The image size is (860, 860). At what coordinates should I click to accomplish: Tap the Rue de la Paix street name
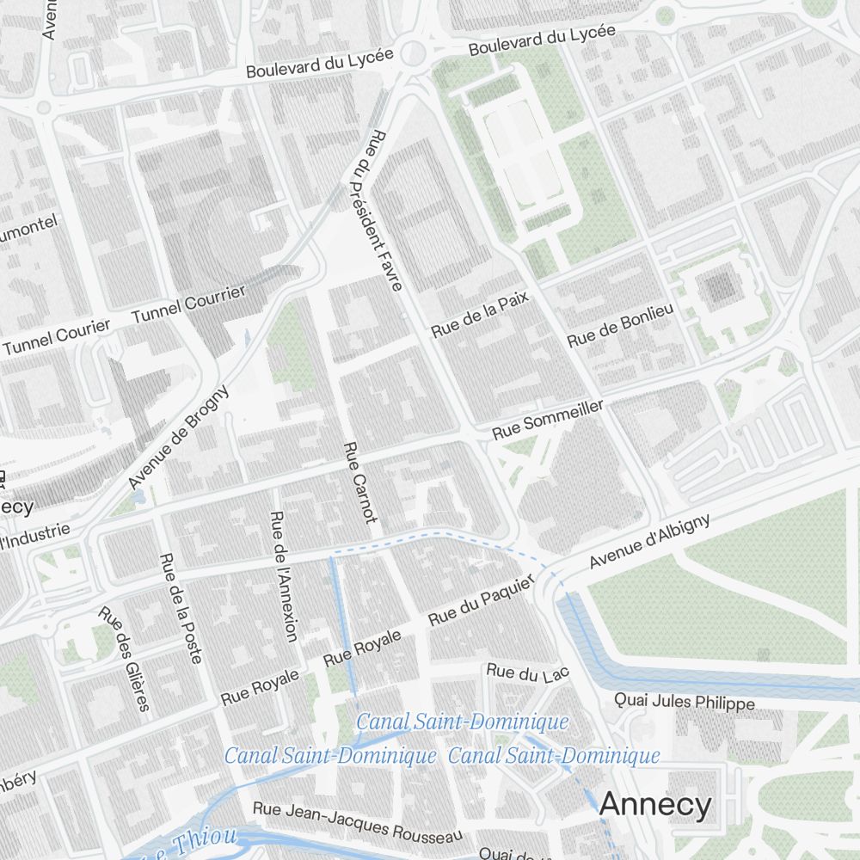(481, 313)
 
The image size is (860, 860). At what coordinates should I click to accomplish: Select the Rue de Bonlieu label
(619, 323)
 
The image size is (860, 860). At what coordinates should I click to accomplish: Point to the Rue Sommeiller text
(547, 419)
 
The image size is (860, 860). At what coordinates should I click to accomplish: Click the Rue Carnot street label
(359, 482)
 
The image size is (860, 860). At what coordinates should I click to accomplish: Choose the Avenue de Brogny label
(179, 437)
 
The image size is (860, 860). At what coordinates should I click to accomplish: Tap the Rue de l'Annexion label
(283, 576)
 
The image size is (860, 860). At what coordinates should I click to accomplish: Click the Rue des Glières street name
(124, 659)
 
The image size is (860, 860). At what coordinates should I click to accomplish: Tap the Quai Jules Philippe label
(685, 703)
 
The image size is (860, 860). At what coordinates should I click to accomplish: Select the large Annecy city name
(655, 805)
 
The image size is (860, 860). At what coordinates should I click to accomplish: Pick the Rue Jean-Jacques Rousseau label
(357, 821)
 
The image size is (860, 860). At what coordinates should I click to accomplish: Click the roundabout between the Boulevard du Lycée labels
(414, 53)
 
